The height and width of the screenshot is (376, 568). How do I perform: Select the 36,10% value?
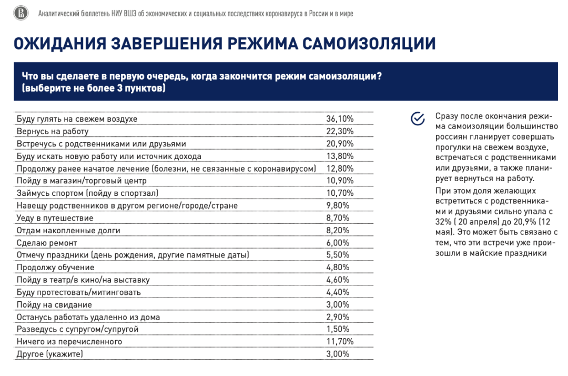coord(340,119)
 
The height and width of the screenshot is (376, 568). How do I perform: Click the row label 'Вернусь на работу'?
coord(53,131)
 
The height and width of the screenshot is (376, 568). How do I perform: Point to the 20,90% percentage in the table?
coord(340,144)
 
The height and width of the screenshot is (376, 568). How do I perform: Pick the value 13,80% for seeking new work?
coord(340,156)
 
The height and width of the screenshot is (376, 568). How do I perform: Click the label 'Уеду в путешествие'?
coord(55,218)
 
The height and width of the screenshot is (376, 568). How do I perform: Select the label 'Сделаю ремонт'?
coord(47,243)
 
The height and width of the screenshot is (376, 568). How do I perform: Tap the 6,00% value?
coord(338,243)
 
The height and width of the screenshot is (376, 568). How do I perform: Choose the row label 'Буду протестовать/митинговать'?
coord(79,292)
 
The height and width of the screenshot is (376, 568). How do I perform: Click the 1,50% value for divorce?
coord(338,329)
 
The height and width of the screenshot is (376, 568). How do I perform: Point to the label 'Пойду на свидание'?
coord(54,304)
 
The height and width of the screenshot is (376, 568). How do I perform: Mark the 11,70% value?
coord(340,342)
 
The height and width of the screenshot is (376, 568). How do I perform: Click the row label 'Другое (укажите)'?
coord(50,354)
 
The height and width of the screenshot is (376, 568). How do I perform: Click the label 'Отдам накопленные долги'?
coord(68,230)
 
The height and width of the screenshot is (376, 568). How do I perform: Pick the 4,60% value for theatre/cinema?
coord(338,280)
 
